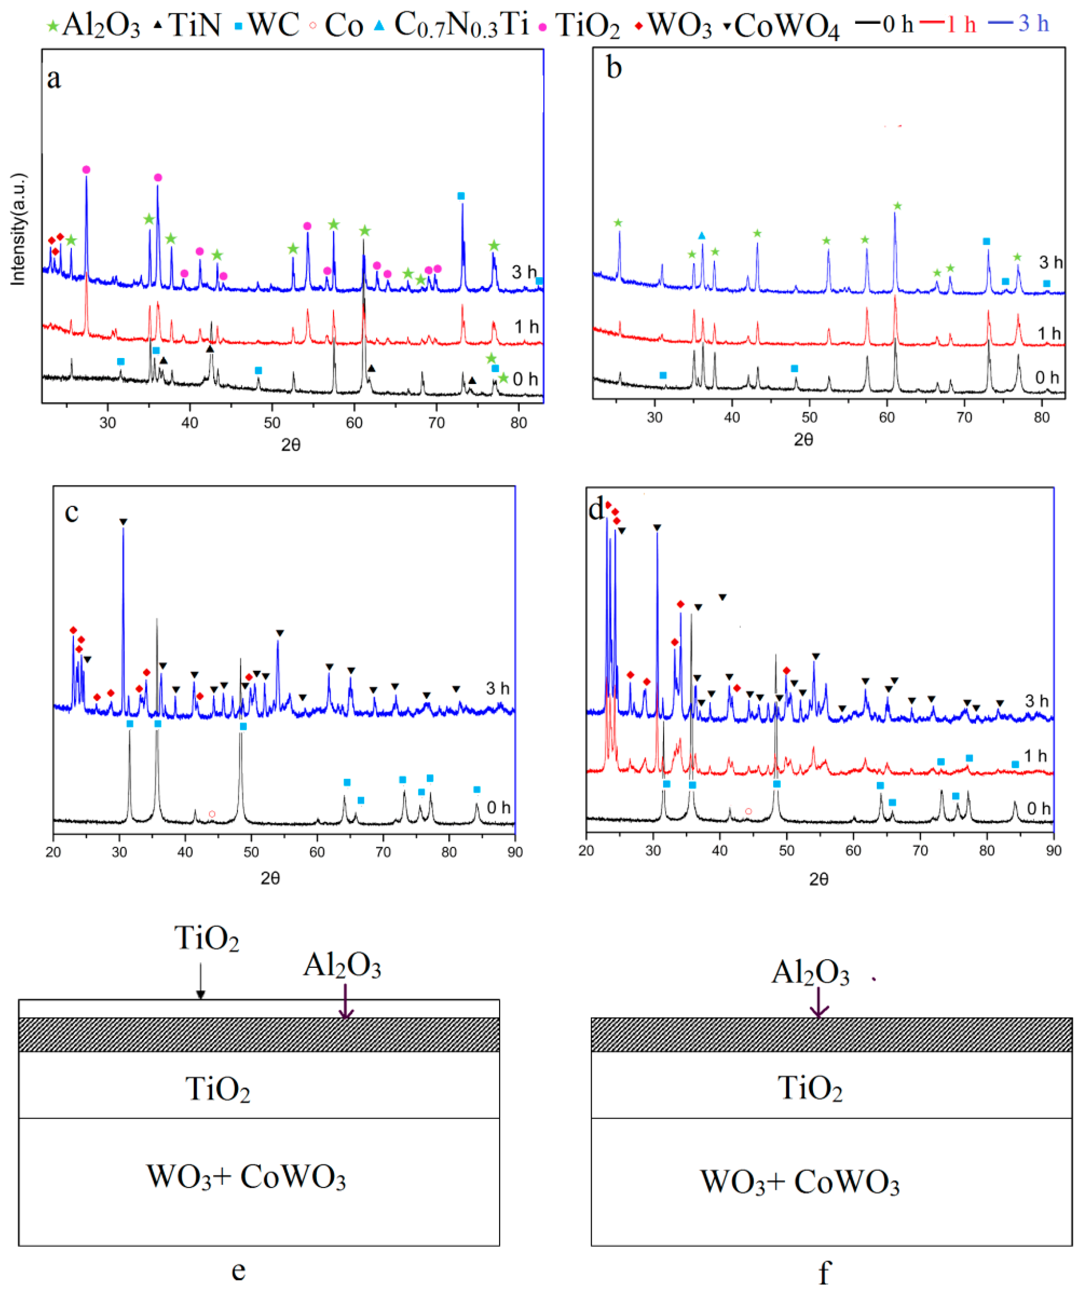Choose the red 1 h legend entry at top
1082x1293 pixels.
pos(948,24)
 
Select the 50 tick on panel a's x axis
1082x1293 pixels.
pos(272,422)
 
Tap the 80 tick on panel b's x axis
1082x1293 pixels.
pos(1041,417)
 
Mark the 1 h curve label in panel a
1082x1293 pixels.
pos(526,326)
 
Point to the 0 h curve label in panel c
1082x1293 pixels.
pos(499,807)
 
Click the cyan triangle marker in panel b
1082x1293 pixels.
pos(702,236)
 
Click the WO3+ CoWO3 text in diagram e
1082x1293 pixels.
pos(246,1177)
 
